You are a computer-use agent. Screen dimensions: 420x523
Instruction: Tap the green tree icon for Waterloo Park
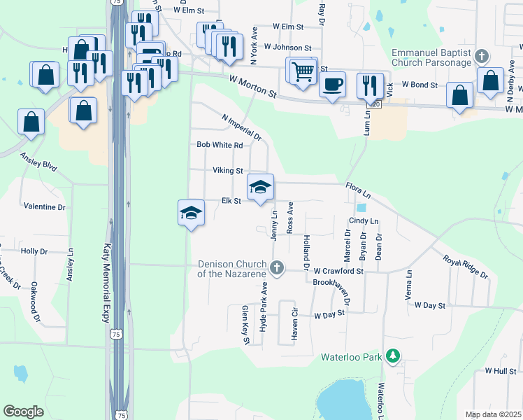click(393, 356)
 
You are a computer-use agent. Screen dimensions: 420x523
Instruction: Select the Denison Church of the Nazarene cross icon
click(278, 267)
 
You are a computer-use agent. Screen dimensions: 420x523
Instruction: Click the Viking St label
click(228, 171)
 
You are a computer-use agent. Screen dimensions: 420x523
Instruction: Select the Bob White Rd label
click(220, 146)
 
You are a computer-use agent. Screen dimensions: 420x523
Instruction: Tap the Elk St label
click(231, 201)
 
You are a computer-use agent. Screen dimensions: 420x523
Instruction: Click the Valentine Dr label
click(44, 207)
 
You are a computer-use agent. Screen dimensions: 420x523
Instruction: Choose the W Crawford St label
click(339, 270)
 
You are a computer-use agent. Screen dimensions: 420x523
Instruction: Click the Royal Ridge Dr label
click(465, 267)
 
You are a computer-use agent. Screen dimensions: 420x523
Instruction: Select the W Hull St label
click(499, 370)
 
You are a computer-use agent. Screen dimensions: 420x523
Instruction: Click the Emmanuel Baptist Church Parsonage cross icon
click(480, 56)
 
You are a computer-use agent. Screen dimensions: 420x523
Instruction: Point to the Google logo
click(23, 412)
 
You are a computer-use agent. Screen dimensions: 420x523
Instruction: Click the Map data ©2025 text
click(493, 414)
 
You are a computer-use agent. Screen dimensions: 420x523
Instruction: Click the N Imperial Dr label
click(241, 127)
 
